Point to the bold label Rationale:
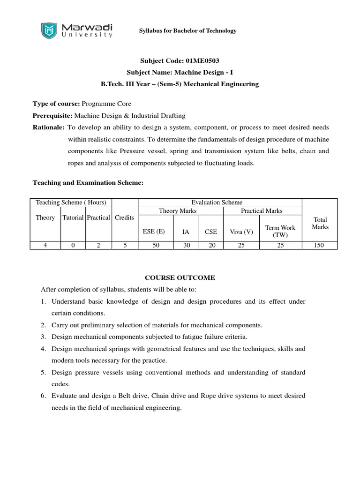(48, 127)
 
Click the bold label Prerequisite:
(52, 115)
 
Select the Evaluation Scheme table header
(220, 202)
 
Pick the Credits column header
(124, 217)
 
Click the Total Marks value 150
(319, 245)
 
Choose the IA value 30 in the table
(187, 245)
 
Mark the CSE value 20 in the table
(212, 245)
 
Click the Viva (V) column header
(241, 231)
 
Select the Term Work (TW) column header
(280, 231)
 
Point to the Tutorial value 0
(74, 245)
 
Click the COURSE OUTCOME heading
(180, 277)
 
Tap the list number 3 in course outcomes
(43, 337)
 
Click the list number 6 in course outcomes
(43, 396)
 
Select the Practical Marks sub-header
(262, 211)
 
